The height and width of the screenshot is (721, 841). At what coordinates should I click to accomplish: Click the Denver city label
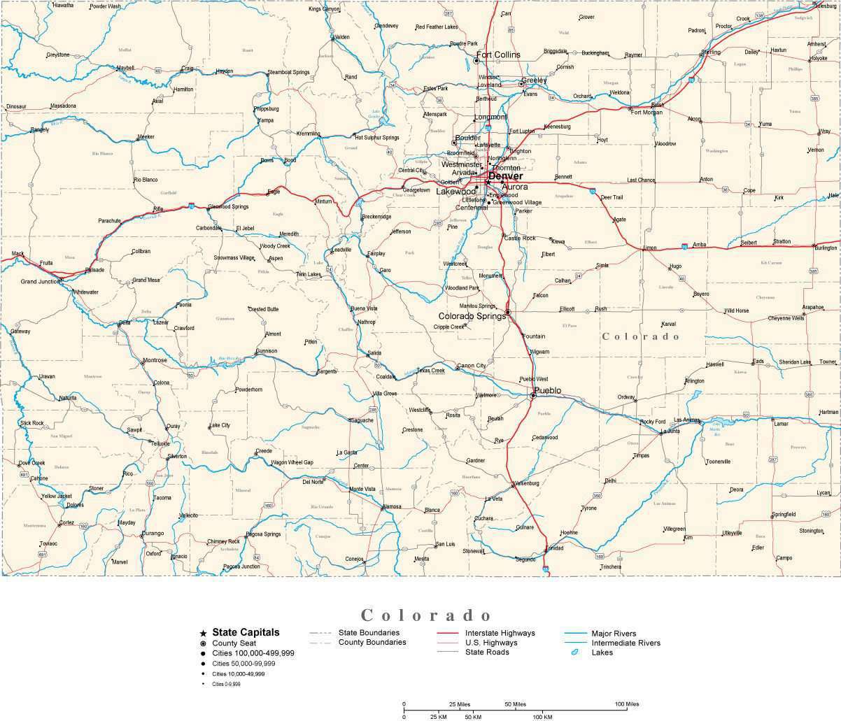click(x=505, y=176)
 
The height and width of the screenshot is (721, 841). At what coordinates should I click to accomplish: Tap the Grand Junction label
click(x=41, y=281)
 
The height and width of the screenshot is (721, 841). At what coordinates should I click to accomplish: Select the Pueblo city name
click(x=547, y=390)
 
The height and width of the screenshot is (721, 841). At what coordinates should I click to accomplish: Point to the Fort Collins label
click(x=498, y=55)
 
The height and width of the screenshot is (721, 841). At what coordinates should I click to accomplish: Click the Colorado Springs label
click(x=472, y=316)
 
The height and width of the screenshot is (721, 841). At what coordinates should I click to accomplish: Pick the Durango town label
click(x=153, y=533)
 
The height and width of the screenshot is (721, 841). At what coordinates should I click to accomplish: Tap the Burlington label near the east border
click(x=826, y=248)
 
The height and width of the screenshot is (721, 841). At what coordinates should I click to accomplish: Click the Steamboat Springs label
click(x=288, y=72)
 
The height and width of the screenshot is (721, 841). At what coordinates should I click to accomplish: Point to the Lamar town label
click(x=780, y=423)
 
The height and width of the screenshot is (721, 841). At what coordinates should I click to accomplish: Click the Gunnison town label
click(x=266, y=351)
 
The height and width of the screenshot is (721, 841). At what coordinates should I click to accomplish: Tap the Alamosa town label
click(x=391, y=506)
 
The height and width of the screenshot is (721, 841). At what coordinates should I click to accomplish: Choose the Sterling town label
click(x=710, y=52)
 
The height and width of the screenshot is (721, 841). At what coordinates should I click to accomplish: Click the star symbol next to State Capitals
click(x=203, y=633)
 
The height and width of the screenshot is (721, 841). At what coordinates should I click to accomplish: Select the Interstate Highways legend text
click(x=500, y=633)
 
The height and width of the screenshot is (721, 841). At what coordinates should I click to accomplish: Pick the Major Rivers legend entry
click(x=614, y=633)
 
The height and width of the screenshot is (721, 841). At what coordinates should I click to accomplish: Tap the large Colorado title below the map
click(x=427, y=615)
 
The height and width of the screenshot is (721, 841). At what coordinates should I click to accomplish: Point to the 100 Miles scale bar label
click(x=627, y=704)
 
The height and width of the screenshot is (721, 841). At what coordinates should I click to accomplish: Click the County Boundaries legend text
click(x=372, y=642)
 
